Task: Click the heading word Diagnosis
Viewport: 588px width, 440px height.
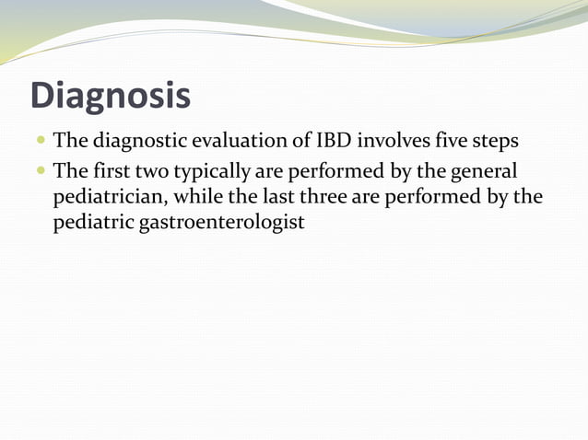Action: [111, 96]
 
